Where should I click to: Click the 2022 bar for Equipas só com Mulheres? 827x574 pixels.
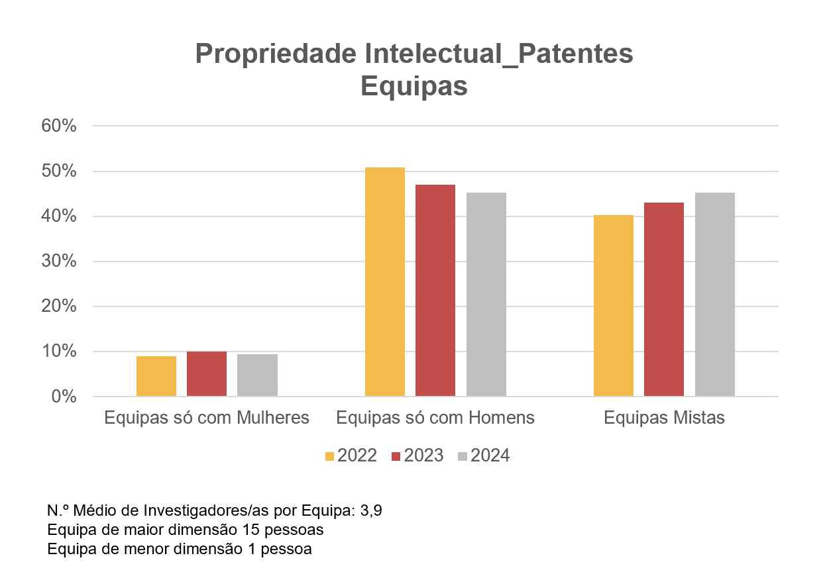point(156,376)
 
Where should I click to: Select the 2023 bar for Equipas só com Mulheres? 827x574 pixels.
point(207,374)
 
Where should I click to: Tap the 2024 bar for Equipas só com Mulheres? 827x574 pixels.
point(257,375)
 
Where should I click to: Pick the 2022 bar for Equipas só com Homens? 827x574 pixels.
point(385,282)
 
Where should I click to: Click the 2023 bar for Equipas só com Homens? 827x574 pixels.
point(435,291)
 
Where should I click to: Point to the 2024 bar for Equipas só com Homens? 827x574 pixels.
point(486,295)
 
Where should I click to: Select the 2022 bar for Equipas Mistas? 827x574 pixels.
point(614,306)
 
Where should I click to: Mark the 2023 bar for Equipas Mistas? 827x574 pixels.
point(664,299)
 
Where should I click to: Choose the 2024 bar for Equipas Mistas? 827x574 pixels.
point(714,295)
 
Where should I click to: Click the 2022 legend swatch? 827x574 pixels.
point(329,456)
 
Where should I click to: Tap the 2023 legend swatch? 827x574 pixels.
point(396,456)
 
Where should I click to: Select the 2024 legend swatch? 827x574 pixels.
point(463,456)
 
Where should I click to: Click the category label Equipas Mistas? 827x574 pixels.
point(664,418)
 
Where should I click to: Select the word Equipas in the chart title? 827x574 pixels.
point(414,86)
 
